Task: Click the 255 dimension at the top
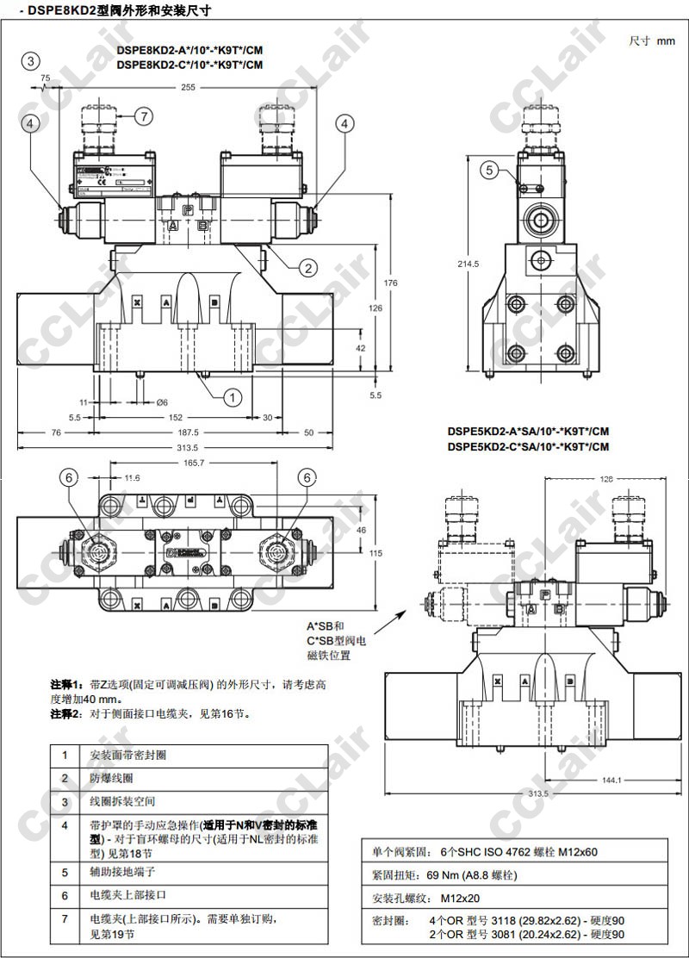coord(187,87)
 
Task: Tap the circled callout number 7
coord(143,115)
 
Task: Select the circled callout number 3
coord(31,60)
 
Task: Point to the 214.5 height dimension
coord(469,264)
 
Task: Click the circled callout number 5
coord(489,170)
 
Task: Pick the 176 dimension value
coord(390,283)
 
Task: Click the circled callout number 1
coord(233,396)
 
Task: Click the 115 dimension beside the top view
coord(376,553)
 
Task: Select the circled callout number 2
coord(307,268)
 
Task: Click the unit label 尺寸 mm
coord(652,40)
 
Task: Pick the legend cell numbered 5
coord(64,872)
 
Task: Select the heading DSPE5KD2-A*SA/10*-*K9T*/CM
coord(528,432)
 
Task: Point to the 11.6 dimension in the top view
coord(132,477)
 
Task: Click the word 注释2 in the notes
coord(65,714)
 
